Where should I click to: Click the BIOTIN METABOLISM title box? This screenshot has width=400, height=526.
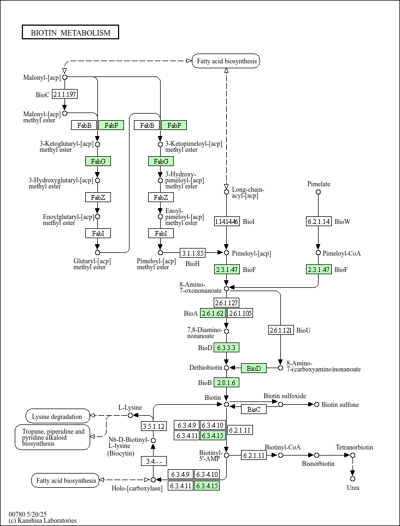point(70,33)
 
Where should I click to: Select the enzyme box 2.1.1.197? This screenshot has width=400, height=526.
point(64,94)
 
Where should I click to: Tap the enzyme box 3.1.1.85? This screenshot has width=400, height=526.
point(193,253)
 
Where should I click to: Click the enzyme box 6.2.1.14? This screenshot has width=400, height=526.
point(318,221)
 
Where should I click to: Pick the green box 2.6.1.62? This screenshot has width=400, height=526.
point(213,313)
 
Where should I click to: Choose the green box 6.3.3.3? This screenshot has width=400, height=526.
point(226,347)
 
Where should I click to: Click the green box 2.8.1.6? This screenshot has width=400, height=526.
point(226,382)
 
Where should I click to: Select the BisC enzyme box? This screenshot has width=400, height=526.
point(254,409)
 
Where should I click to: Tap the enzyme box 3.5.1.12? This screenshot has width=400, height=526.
point(154,426)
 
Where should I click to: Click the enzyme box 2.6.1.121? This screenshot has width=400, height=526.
point(281,330)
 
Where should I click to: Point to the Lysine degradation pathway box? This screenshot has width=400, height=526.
point(57,416)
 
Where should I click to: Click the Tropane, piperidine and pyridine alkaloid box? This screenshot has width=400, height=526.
point(52,437)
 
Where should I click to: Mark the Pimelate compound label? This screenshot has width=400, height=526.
point(319,184)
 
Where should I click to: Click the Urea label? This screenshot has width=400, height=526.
point(353,488)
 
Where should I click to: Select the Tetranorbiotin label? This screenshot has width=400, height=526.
point(355,448)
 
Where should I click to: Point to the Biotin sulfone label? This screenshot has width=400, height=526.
point(340,405)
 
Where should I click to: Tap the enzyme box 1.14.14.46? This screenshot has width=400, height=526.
point(227,221)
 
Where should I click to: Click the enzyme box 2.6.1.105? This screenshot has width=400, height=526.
point(240,313)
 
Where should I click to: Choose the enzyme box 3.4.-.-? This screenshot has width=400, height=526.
point(154,461)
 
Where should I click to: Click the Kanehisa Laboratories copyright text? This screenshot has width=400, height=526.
point(43,521)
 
